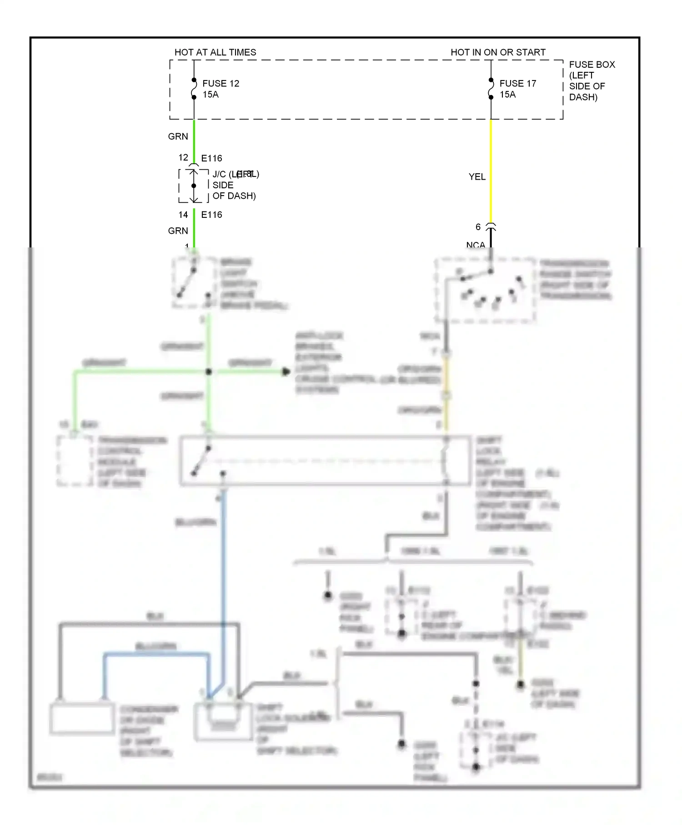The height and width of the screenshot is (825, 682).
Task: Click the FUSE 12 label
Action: click(221, 84)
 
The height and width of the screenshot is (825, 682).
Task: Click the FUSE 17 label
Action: click(517, 84)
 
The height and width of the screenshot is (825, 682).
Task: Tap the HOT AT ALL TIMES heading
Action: click(215, 52)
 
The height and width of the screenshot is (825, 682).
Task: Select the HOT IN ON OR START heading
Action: click(498, 52)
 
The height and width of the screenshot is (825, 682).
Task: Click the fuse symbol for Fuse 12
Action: click(194, 89)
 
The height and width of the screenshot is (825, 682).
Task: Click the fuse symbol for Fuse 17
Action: click(491, 89)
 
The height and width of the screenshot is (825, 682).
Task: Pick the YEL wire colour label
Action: click(477, 177)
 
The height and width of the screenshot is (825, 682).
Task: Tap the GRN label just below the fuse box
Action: click(178, 136)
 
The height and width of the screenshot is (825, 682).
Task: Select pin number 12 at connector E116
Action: click(183, 158)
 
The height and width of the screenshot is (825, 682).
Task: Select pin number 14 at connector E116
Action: click(183, 215)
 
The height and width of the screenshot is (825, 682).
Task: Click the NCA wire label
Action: click(476, 245)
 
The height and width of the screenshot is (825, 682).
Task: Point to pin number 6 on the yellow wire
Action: click(478, 227)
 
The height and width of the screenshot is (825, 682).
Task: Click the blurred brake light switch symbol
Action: click(193, 282)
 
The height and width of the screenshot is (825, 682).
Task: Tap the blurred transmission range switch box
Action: click(485, 290)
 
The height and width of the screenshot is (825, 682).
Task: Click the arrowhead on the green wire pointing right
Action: click(286, 372)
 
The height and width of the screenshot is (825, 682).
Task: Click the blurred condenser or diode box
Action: click(82, 719)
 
